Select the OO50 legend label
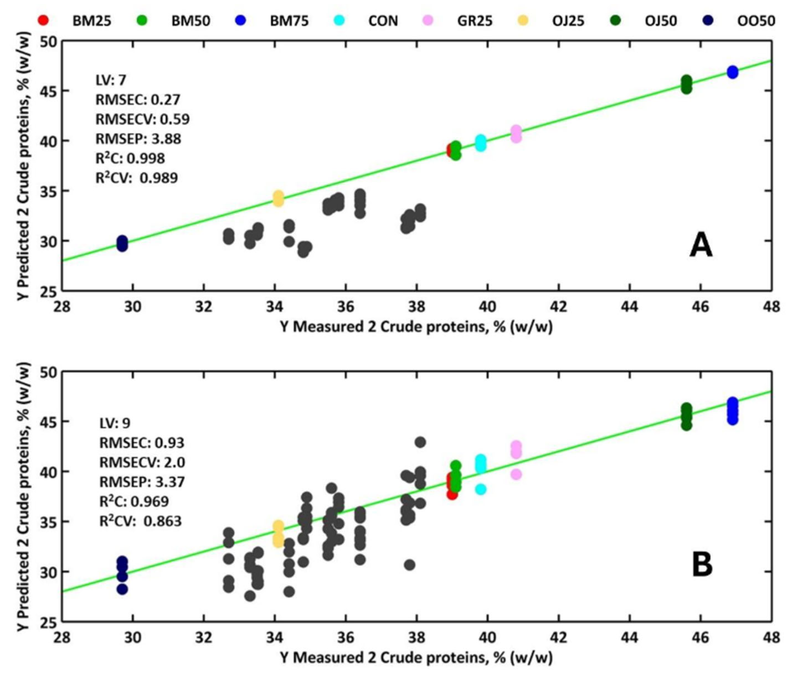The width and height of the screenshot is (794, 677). point(756,21)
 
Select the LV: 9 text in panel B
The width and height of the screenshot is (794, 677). point(115,423)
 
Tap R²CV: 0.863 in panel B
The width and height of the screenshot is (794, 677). point(140,521)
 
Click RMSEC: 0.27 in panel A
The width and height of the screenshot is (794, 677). point(138,100)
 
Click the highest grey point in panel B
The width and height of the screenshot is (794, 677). point(420,442)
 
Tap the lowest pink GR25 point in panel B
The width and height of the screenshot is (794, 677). point(516,474)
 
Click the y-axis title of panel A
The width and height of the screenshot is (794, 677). point(23,166)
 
